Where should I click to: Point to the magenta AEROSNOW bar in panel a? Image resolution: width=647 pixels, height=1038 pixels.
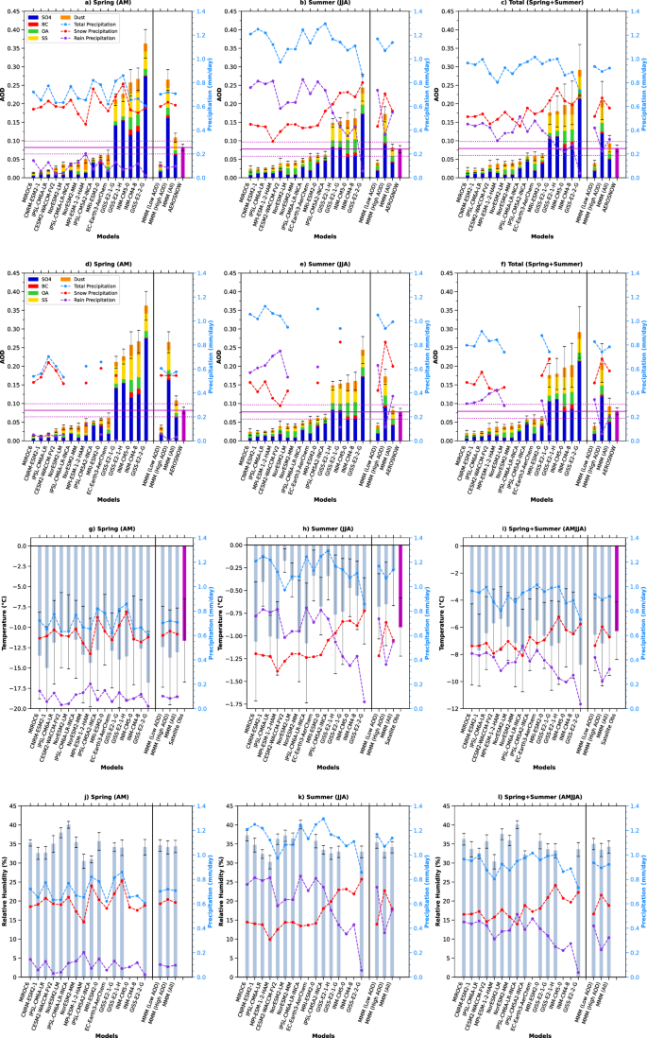(x=185, y=162)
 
